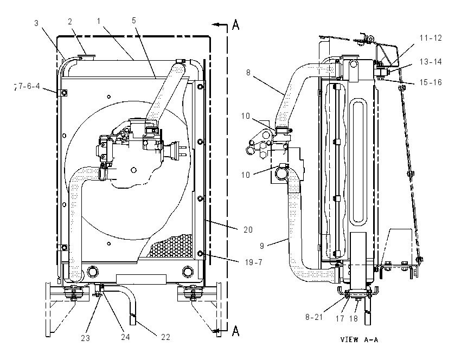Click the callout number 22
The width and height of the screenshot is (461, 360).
coord(166,337)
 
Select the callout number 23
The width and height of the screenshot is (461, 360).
coord(86,338)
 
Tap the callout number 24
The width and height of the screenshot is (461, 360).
coord(125,337)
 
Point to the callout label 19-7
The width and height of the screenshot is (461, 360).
coord(254,262)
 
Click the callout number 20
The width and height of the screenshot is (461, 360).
coord(248,229)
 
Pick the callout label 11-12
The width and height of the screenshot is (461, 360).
coord(431,38)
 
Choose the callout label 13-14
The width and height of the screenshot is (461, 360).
coord(431,62)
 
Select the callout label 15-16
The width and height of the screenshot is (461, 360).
coord(431,82)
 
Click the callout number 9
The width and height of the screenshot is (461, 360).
coord(262,246)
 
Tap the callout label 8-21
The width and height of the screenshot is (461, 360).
coord(314,317)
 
